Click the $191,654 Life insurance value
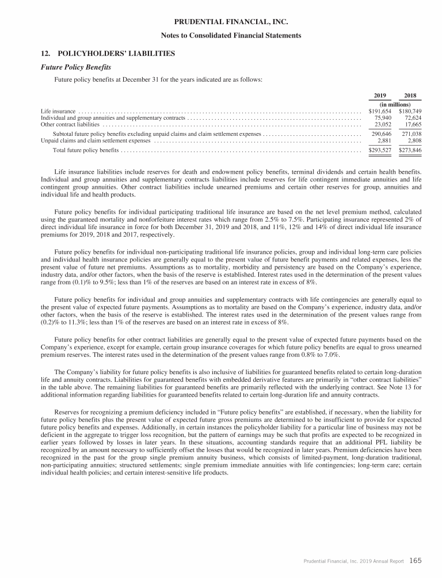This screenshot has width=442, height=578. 380,111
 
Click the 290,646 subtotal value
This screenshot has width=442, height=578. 382,134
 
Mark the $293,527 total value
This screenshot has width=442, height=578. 380,150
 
